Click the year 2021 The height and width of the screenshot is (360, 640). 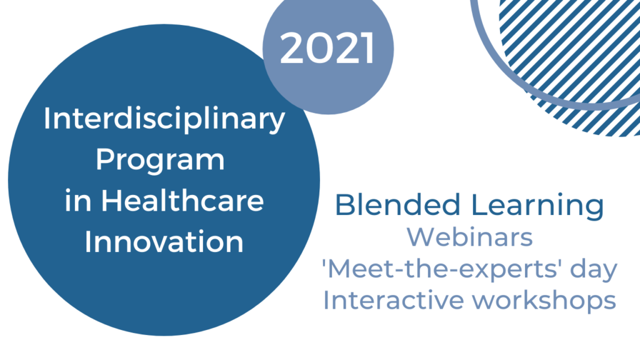click(x=327, y=48)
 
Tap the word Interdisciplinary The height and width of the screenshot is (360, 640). click(x=164, y=120)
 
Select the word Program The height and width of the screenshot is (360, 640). click(x=160, y=161)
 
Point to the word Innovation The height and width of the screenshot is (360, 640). click(x=164, y=241)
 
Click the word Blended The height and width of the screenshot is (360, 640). click(x=397, y=204)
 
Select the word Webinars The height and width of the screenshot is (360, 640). click(x=469, y=237)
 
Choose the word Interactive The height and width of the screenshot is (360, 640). click(x=394, y=301)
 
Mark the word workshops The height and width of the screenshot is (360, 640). click(x=544, y=301)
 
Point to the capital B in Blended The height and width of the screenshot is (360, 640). click(x=345, y=205)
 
